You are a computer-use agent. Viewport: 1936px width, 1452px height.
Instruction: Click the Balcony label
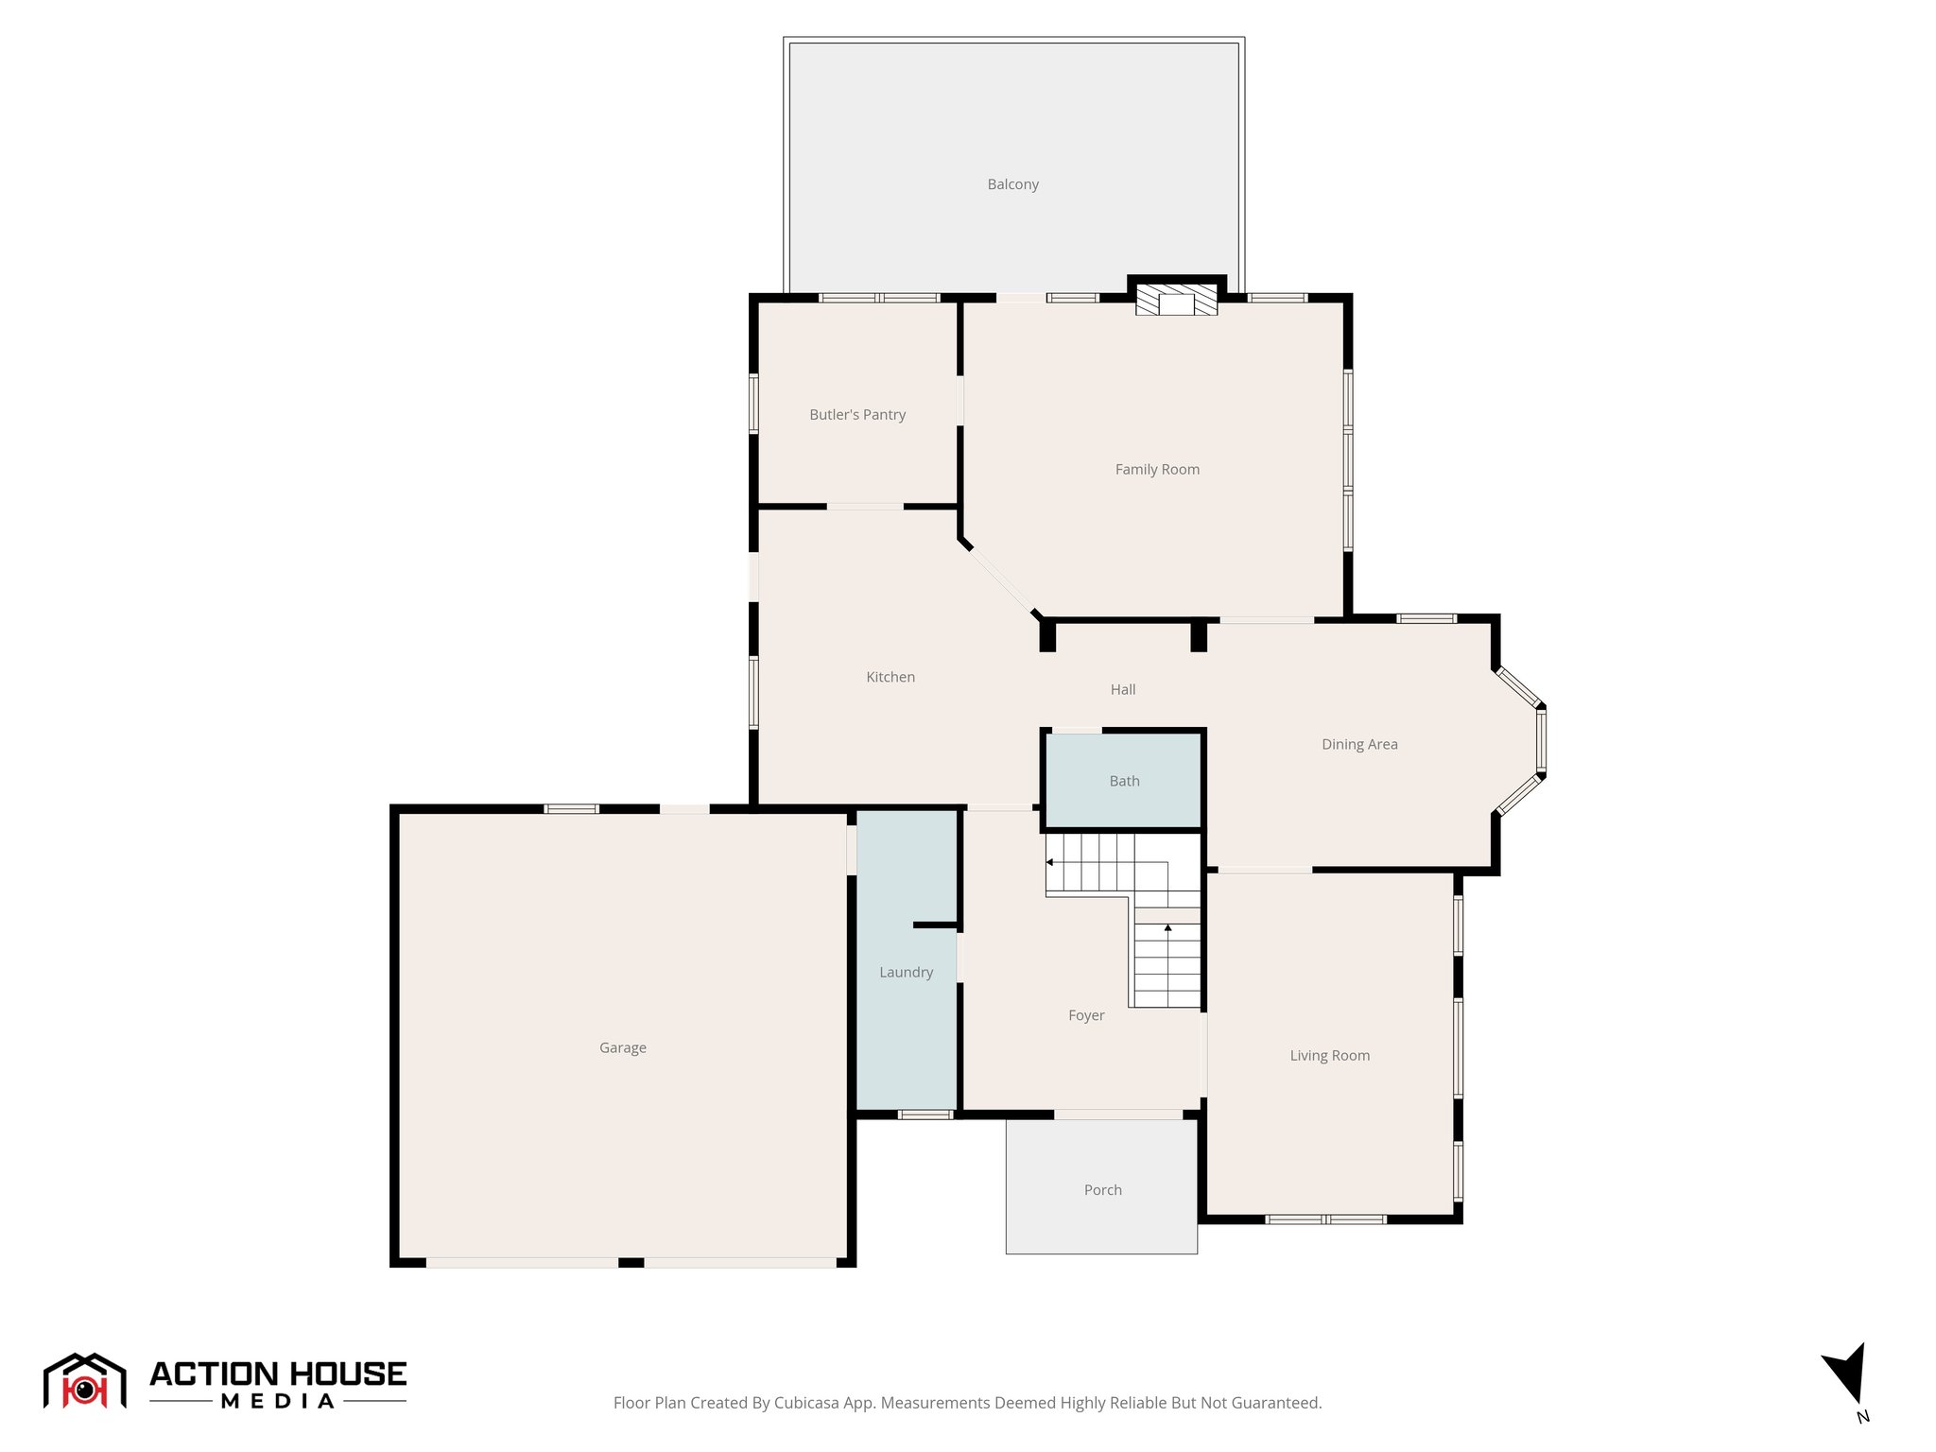click(x=1012, y=184)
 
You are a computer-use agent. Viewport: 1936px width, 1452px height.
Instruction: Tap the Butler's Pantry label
click(x=857, y=414)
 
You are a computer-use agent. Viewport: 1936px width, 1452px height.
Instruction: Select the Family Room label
click(x=1157, y=469)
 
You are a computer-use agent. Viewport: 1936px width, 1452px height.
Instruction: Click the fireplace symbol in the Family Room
click(x=1176, y=301)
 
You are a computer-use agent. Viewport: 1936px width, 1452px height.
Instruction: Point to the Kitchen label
click(x=890, y=677)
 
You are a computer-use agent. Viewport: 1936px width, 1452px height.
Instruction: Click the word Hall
click(x=1123, y=689)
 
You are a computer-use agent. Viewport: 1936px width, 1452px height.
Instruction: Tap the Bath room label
click(x=1124, y=781)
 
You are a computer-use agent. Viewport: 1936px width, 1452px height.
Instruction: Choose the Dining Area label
click(x=1359, y=744)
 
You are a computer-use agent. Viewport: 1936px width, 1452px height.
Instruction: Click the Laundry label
click(x=906, y=972)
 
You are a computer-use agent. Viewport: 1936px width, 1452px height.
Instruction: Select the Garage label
click(x=623, y=1047)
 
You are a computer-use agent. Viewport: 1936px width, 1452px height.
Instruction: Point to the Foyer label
click(x=1086, y=1015)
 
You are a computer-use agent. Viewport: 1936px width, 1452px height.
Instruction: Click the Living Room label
click(x=1329, y=1055)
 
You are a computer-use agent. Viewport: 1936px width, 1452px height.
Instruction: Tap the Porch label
click(x=1102, y=1190)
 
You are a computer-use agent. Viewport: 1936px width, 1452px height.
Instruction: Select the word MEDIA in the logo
click(x=278, y=1401)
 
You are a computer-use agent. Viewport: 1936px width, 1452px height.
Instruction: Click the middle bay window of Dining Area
click(x=1541, y=741)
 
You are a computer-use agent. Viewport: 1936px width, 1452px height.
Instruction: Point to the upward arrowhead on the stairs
click(x=1167, y=928)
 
